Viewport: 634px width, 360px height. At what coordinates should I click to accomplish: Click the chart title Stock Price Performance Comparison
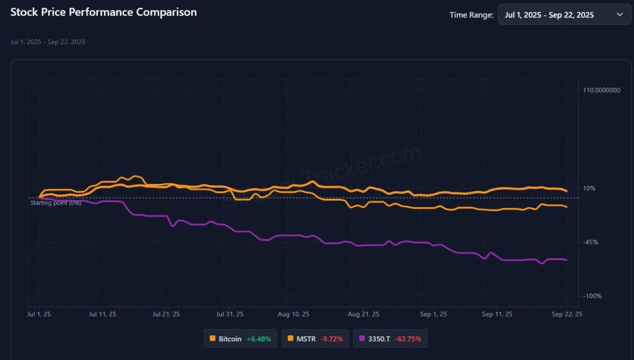103,12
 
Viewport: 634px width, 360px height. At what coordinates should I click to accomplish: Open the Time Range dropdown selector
564,14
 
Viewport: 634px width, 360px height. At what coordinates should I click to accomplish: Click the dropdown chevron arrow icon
620,14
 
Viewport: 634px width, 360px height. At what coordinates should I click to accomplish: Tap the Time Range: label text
471,15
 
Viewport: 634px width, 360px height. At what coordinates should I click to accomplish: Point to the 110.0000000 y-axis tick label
601,90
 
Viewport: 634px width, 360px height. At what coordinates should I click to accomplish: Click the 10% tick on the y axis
589,188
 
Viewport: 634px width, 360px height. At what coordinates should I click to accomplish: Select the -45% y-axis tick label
591,242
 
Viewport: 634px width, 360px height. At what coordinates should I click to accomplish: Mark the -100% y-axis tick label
592,296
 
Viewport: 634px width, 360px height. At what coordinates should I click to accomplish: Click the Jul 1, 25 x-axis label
39,315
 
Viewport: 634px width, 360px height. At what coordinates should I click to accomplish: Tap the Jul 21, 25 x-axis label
166,315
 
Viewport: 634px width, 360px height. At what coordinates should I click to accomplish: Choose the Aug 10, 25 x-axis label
293,315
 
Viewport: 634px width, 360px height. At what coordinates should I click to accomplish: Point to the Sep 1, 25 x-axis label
433,315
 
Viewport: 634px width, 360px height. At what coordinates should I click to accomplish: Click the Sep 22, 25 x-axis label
567,315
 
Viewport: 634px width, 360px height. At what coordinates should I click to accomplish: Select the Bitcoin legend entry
241,339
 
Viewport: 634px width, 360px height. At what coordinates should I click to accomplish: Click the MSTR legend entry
315,339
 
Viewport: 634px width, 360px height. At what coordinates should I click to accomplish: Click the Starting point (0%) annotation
56,203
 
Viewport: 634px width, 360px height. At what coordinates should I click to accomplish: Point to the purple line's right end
567,260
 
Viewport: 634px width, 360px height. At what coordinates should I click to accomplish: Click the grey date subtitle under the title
48,42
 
